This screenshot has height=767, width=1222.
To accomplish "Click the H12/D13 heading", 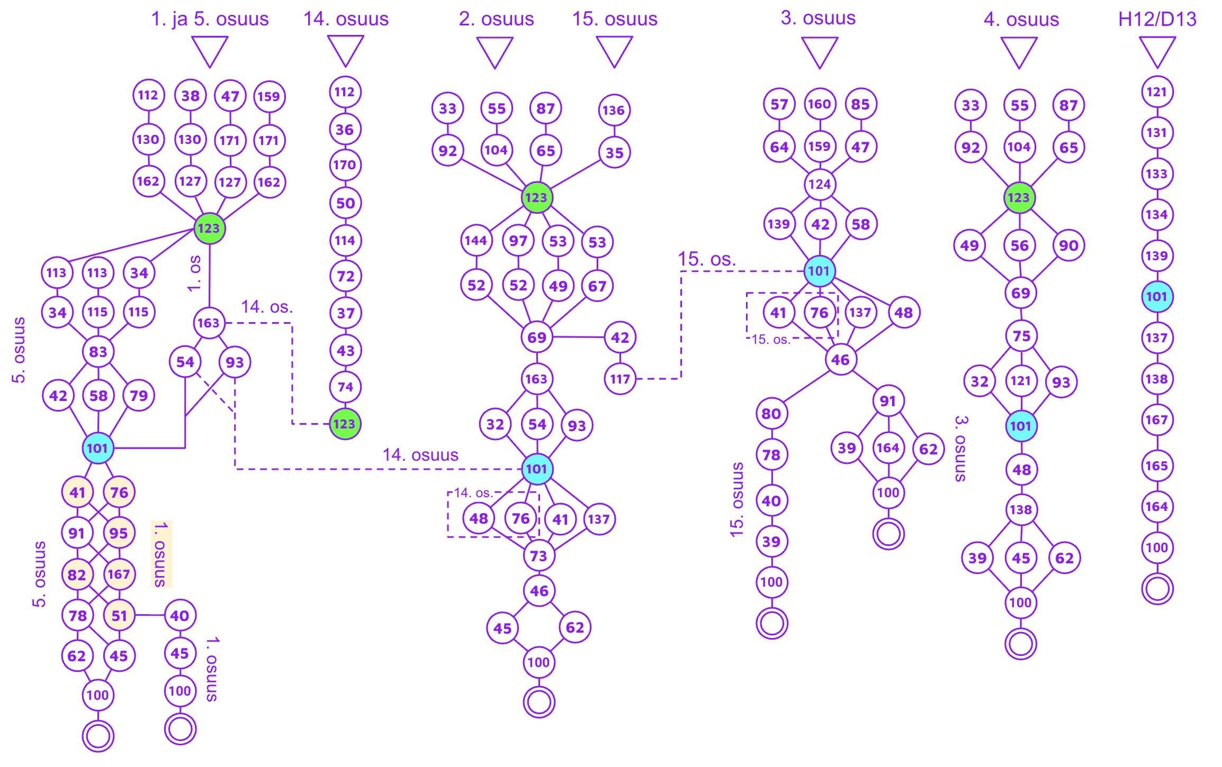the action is coord(1157,19).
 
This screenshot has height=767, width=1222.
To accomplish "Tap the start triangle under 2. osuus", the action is coord(495,52).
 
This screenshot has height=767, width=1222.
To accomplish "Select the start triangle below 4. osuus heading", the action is coord(1019,52).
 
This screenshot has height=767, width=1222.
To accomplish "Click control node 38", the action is coord(191,96).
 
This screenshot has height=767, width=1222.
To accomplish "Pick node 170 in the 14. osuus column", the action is coord(345,165).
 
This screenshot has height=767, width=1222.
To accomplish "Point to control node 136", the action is coord(614,110).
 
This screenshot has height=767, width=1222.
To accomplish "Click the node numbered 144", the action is coord(477,241).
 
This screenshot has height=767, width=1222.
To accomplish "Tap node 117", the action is coord(620,379).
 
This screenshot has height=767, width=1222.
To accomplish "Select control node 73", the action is coord(539,555).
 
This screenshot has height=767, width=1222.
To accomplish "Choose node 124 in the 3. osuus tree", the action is coord(820,184).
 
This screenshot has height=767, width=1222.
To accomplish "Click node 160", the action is coord(820,104).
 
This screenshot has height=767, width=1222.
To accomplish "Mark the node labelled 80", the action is coord(772,413).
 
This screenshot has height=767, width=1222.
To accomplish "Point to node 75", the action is coord(1021,335).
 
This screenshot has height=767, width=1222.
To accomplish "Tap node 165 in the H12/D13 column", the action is coord(1157,465).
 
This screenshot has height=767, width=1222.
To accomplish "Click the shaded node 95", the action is coord(119,533).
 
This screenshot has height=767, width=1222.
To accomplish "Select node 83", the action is coord(98,351).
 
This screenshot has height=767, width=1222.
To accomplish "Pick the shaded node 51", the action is coord(119,615).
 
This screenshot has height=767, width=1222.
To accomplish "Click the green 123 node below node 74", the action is coord(345,424).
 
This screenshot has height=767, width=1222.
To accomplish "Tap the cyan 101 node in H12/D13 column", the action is coord(1157,297).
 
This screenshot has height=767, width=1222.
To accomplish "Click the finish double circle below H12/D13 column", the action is coord(1157,589).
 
